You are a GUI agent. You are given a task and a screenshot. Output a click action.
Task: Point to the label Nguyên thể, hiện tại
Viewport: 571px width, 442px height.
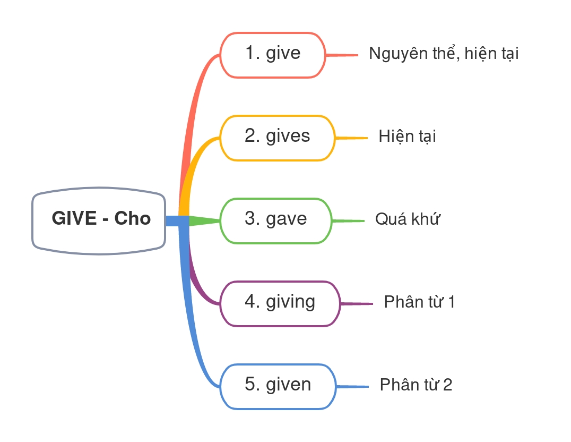tap(443, 54)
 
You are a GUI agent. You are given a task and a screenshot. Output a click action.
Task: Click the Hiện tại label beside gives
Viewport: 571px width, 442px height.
tap(407, 137)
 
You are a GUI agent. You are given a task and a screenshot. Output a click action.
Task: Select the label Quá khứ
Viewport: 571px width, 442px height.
tap(408, 219)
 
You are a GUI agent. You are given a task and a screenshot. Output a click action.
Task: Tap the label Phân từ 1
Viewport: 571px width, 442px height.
tap(419, 302)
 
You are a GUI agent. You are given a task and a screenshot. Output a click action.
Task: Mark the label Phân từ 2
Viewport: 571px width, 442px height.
tap(416, 385)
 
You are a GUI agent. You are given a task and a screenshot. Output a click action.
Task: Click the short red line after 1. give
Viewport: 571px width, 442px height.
tap(342, 55)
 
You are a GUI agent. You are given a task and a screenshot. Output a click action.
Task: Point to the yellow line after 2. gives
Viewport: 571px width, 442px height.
tap(351, 138)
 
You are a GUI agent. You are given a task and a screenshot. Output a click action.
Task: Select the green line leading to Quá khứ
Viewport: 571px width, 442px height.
tap(348, 220)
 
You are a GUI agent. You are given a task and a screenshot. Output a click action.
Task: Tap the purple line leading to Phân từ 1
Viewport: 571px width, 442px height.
tap(357, 303)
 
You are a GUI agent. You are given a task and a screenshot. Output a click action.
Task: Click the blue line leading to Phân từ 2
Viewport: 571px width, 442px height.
tap(352, 386)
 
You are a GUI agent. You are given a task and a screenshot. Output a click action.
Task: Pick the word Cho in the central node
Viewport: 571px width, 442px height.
tap(133, 219)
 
